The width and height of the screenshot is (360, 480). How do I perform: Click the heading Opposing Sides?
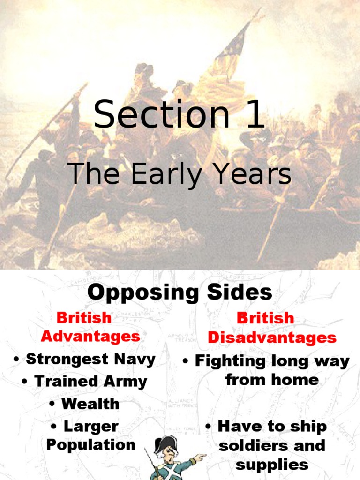(180, 292)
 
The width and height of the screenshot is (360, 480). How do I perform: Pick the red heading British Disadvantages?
(271, 328)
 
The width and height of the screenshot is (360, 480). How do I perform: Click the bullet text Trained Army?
(84, 382)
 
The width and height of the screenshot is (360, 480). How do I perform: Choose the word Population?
(90, 445)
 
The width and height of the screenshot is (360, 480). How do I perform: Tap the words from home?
(272, 380)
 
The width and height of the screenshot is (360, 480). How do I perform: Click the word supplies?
(272, 465)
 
